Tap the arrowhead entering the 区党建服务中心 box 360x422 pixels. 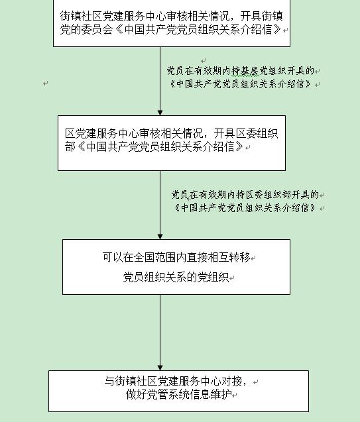[x=160, y=113]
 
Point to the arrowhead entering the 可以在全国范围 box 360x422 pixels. [x=160, y=237]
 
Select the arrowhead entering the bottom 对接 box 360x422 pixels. [x=160, y=368]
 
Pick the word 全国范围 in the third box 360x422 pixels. [x=154, y=257]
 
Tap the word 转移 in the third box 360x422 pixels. [x=239, y=257]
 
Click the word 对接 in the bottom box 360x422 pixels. [x=231, y=381]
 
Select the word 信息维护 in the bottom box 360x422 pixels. [x=211, y=395]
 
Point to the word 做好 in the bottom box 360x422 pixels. [x=137, y=395]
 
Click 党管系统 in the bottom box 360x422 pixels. [x=168, y=395]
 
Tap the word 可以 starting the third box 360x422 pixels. [x=112, y=257]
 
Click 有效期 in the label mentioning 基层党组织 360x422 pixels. [x=208, y=71]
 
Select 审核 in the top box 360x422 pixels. [x=177, y=16]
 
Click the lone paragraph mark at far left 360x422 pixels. [x=46, y=83]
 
